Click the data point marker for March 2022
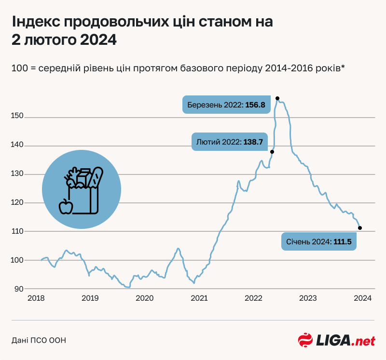point(277,98)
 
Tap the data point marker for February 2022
point(272,152)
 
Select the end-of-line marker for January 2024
point(360,228)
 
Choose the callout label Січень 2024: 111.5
point(319,241)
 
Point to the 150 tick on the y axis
point(18,117)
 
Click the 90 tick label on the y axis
point(19,289)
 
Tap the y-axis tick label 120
point(18,203)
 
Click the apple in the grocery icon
point(66,206)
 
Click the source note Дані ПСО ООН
point(39,340)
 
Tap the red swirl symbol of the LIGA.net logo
point(305,340)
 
